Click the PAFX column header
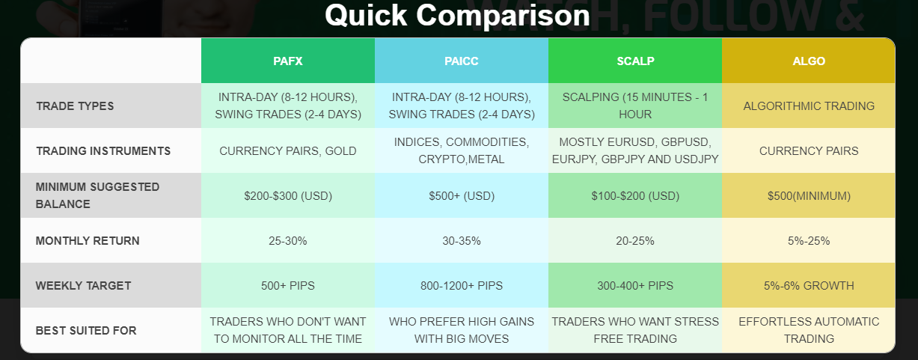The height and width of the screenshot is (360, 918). (288, 61)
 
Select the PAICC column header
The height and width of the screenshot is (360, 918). (462, 61)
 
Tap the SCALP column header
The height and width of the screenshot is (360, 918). (635, 61)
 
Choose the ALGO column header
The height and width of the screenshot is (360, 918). (809, 61)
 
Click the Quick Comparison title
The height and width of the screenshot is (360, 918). (457, 15)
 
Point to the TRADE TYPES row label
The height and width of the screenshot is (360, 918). (75, 106)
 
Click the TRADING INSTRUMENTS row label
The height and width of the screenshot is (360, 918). (103, 151)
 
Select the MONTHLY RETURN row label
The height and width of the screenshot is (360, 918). (88, 241)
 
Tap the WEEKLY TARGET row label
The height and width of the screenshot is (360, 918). (83, 286)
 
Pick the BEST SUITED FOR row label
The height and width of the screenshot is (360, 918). (86, 331)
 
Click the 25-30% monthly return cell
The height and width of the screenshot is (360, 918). (288, 241)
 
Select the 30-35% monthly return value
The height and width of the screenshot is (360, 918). (462, 241)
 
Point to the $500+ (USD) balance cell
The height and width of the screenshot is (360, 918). (462, 196)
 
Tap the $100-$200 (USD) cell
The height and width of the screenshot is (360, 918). (635, 196)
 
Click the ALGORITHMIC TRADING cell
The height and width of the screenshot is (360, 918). (809, 106)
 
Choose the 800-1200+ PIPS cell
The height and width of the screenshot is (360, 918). (462, 286)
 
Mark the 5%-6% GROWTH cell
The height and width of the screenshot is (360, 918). (809, 286)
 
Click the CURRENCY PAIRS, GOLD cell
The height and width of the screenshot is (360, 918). (288, 151)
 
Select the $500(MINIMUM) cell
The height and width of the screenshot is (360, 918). (809, 196)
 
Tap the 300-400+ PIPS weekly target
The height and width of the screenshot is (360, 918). (635, 286)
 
